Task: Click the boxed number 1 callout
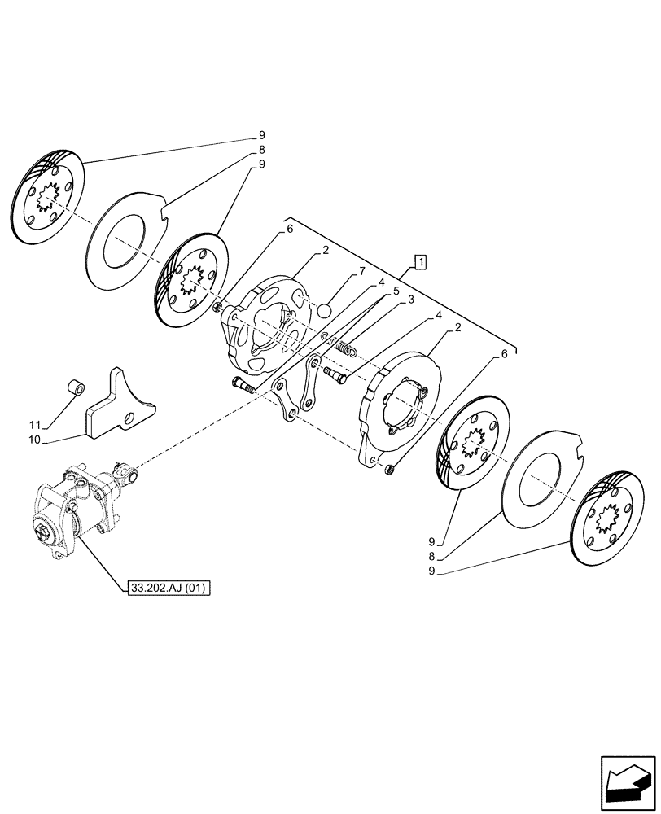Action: [420, 261]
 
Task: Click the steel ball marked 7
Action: [324, 309]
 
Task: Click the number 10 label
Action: [35, 440]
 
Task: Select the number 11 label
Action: [35, 425]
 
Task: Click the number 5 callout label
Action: [396, 290]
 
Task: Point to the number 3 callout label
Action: [412, 300]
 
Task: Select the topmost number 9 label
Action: [262, 134]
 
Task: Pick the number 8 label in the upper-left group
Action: [262, 150]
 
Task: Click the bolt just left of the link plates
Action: [243, 385]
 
